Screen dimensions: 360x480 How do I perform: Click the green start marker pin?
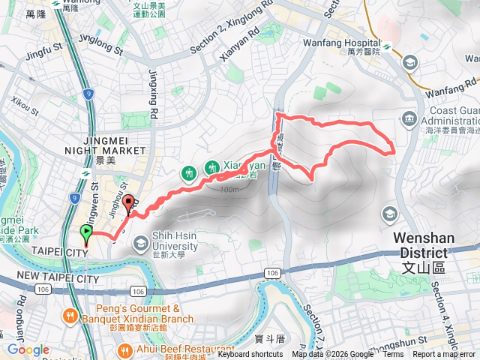tap(85, 234)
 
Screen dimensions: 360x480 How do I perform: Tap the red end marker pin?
tap(127, 204)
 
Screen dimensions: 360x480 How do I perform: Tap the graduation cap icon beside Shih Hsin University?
tap(141, 243)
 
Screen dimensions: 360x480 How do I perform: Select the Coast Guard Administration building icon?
tap(409, 118)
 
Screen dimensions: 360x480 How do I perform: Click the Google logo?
tap(28, 350)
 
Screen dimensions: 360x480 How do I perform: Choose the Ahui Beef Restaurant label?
tap(180, 349)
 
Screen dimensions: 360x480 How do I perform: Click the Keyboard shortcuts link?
tap(250, 355)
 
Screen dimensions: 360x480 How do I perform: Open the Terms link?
tap(393, 355)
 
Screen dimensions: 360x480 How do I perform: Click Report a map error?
tap(445, 355)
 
